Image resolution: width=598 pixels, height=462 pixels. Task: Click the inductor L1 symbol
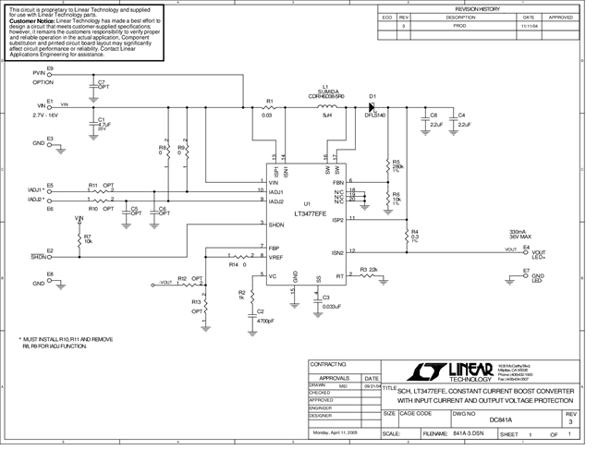click(x=327, y=107)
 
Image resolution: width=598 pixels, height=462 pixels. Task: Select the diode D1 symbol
click(x=373, y=107)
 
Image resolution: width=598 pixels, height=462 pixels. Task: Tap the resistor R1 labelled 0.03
click(x=269, y=107)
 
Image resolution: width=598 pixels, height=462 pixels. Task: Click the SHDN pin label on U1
click(x=276, y=224)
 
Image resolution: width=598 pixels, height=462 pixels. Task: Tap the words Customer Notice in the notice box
click(x=34, y=20)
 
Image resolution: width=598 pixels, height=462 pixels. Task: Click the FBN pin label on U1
click(x=338, y=182)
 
